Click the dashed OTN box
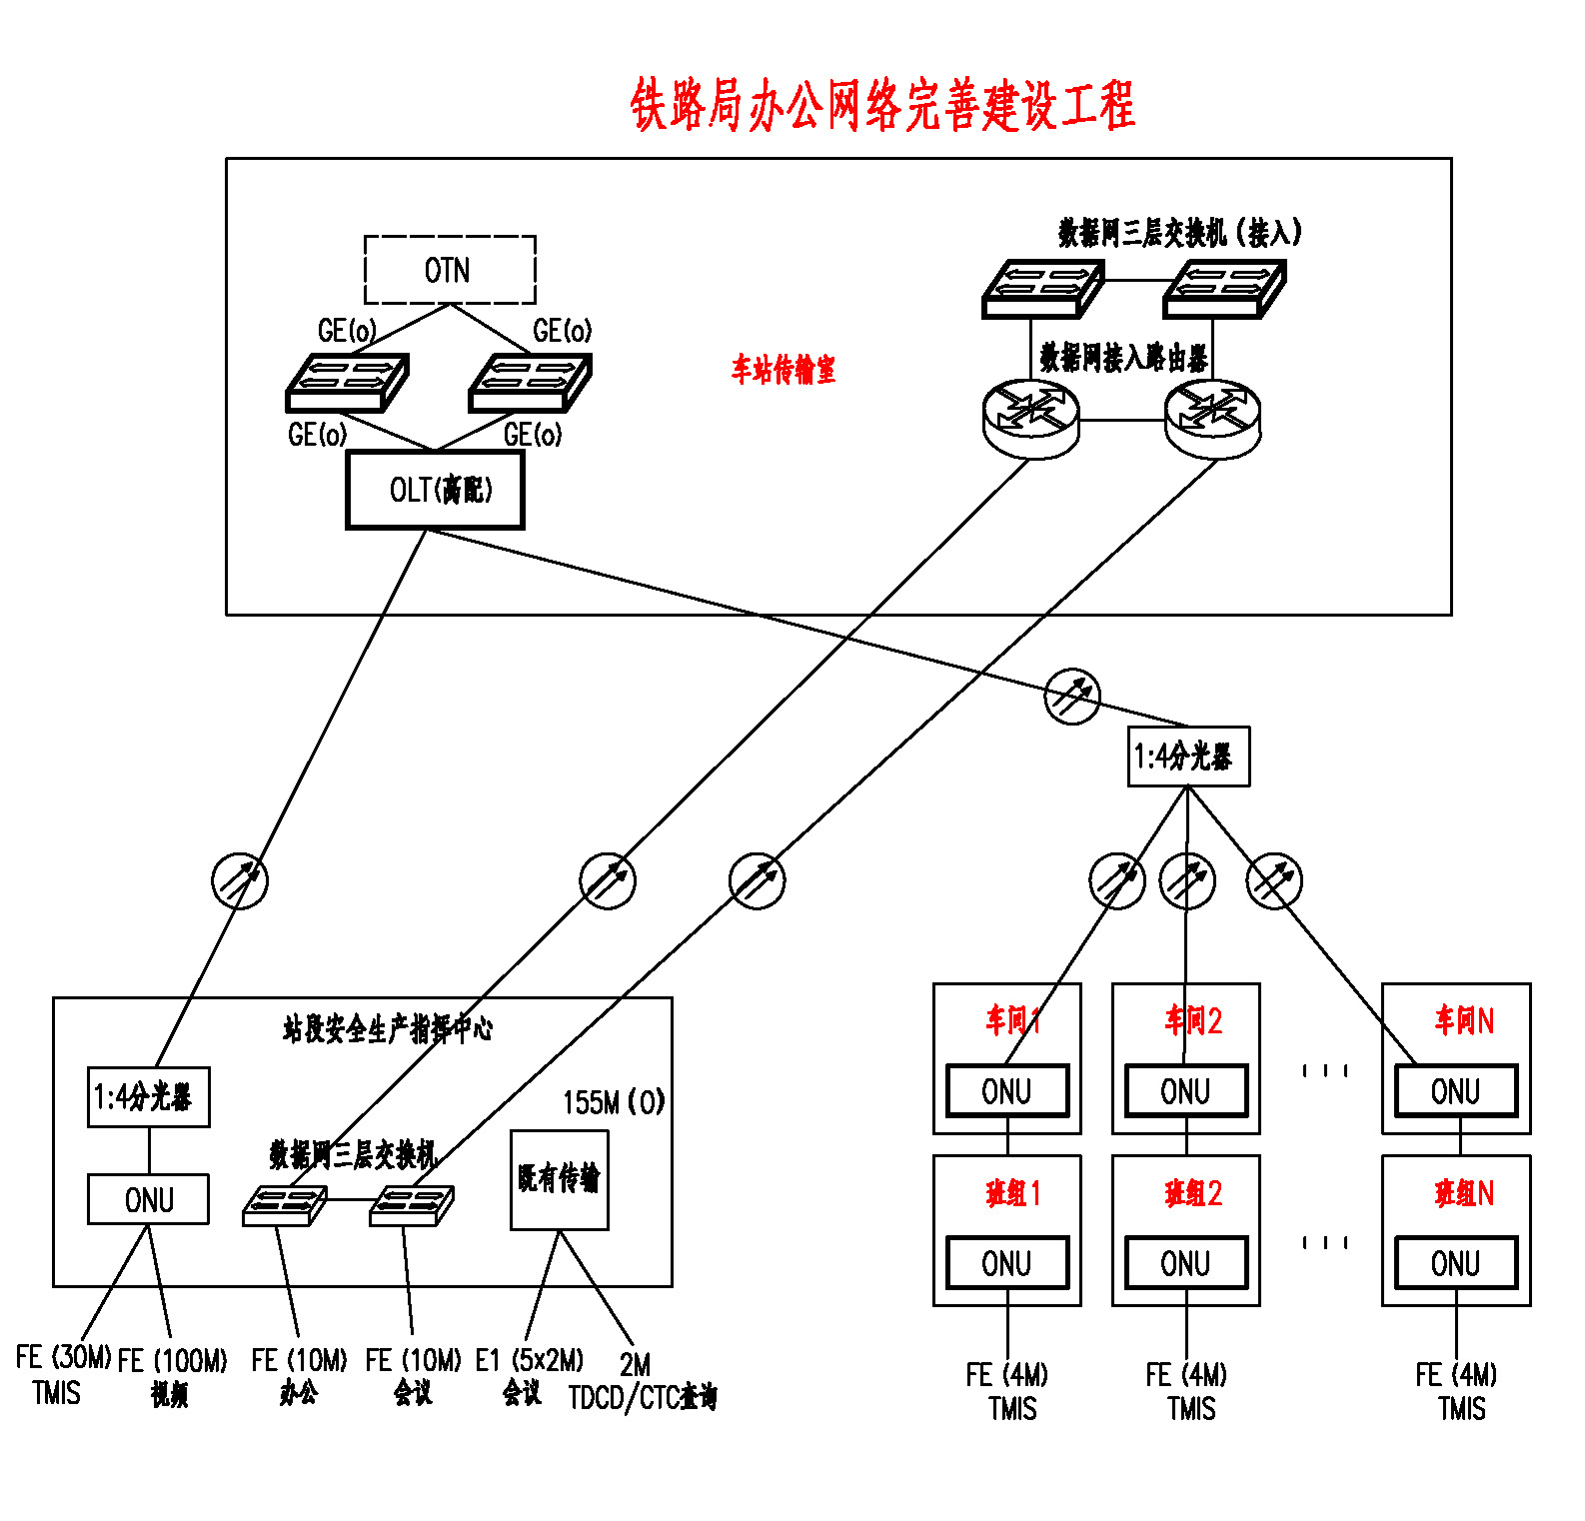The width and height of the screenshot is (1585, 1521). pyautogui.click(x=450, y=270)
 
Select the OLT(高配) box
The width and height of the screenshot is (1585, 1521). pyautogui.click(x=435, y=490)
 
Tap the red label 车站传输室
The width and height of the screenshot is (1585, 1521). pyautogui.click(x=784, y=370)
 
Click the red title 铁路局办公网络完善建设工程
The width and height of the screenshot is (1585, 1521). pyautogui.click(x=882, y=105)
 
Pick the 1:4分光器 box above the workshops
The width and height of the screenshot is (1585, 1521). pyautogui.click(x=1188, y=757)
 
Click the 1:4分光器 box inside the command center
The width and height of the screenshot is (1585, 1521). pyautogui.click(x=149, y=1097)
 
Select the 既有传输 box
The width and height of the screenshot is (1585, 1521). pyautogui.click(x=559, y=1179)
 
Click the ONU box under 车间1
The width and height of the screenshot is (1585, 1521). pyautogui.click(x=1007, y=1091)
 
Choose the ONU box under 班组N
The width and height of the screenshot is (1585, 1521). pyautogui.click(x=1456, y=1263)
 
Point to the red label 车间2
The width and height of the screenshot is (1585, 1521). pyautogui.click(x=1193, y=1020)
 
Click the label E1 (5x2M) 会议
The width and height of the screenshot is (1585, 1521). pyautogui.click(x=528, y=1376)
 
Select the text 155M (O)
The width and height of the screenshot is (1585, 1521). pyautogui.click(x=614, y=1102)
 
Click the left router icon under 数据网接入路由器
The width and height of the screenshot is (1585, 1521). pyautogui.click(x=1031, y=419)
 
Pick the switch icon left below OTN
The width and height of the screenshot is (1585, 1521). pyautogui.click(x=347, y=383)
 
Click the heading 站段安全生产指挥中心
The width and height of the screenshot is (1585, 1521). pyautogui.click(x=388, y=1028)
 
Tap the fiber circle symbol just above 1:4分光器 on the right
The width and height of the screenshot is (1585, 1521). pyautogui.click(x=1072, y=697)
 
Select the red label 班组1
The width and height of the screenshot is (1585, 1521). pyautogui.click(x=1013, y=1193)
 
